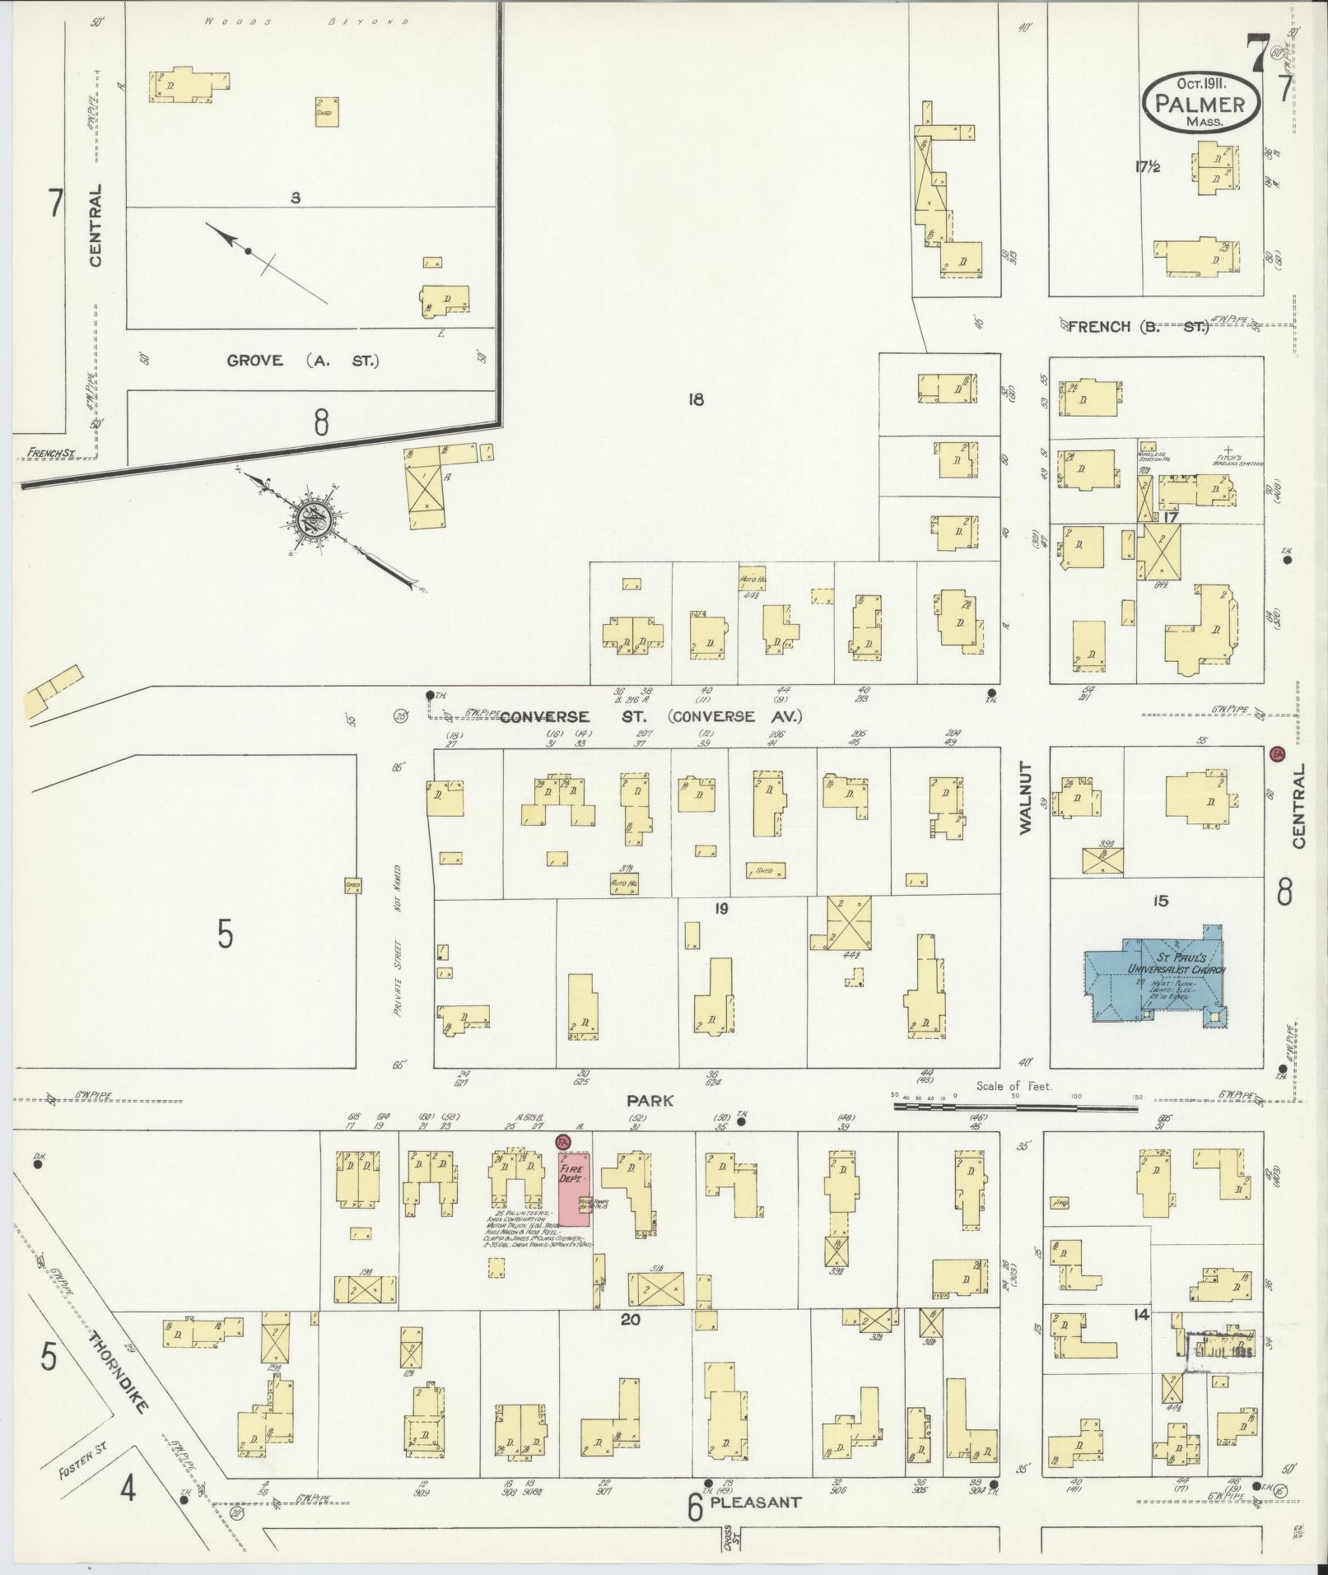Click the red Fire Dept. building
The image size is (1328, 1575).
tap(574, 1188)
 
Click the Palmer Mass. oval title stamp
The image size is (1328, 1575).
tap(1199, 100)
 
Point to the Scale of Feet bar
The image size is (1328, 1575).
tap(1016, 1107)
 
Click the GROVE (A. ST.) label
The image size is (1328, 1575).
tap(303, 360)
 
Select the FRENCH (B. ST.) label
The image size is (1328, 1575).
tap(1138, 327)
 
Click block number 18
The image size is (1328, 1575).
tap(697, 399)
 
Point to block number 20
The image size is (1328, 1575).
tap(631, 1320)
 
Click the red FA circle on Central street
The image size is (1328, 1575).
tap(1278, 753)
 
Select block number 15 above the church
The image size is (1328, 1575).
tap(1161, 902)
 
